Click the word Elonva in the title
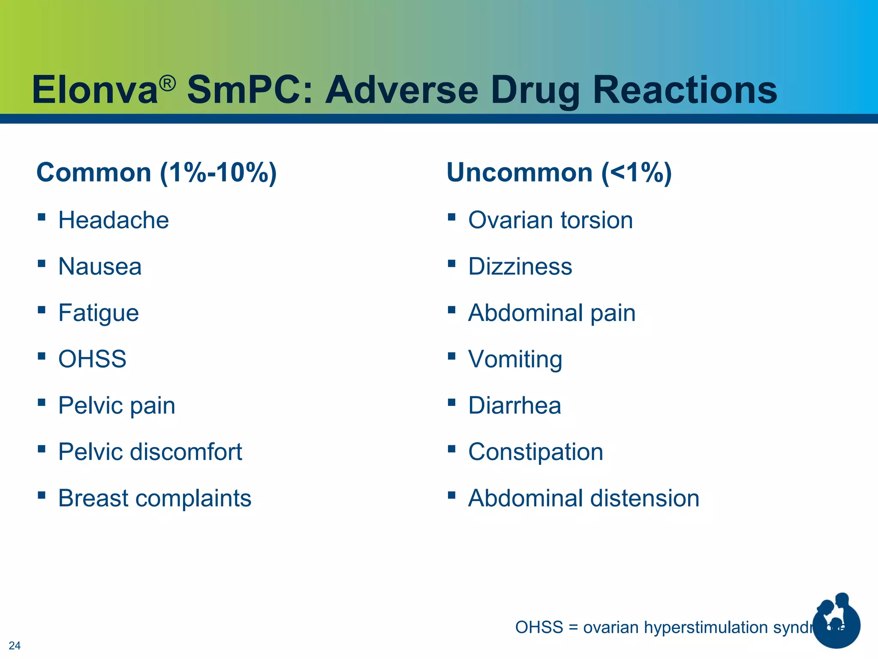click(95, 90)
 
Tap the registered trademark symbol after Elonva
click(168, 83)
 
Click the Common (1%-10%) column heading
click(156, 172)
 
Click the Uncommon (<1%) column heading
click(559, 172)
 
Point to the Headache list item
click(114, 220)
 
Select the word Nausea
click(100, 266)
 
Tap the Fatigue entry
click(99, 313)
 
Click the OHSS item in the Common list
click(92, 359)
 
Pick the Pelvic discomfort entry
click(150, 452)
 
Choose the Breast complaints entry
click(155, 498)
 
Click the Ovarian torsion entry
click(550, 220)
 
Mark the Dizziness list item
click(520, 266)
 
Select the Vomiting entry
click(515, 359)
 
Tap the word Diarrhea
click(514, 405)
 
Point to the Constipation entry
click(535, 452)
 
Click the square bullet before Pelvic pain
click(42, 402)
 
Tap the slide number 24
click(15, 645)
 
